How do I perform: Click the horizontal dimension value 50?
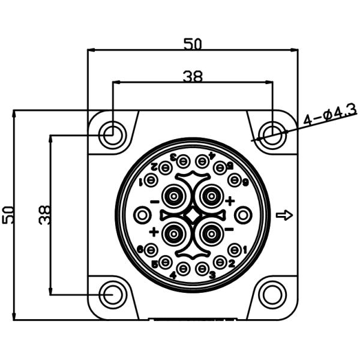click(x=193, y=43)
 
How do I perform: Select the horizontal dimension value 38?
click(x=193, y=76)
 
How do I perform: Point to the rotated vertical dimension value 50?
click(x=8, y=214)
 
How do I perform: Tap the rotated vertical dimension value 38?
click(x=44, y=214)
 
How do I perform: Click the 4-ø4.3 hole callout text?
click(x=330, y=114)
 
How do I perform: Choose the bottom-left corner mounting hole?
click(x=112, y=295)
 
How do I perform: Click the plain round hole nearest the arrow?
click(x=242, y=214)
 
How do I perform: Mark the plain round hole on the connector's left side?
click(x=142, y=214)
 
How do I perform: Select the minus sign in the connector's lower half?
click(x=229, y=229)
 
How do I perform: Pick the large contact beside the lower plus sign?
click(x=175, y=231)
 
